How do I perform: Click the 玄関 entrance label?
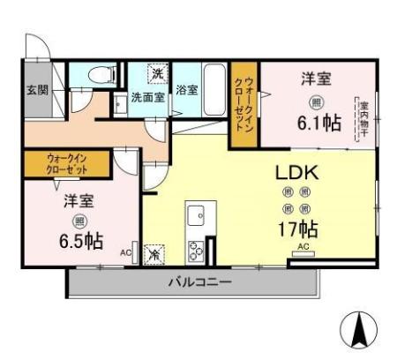36,89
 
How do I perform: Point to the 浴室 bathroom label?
187,89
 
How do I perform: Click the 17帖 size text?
296,229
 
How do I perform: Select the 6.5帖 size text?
79,241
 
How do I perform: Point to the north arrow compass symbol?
360,331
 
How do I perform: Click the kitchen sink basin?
196,215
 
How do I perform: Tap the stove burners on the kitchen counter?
196,250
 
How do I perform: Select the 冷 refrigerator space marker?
154,253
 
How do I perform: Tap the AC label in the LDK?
303,247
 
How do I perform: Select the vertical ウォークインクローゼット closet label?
243,104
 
